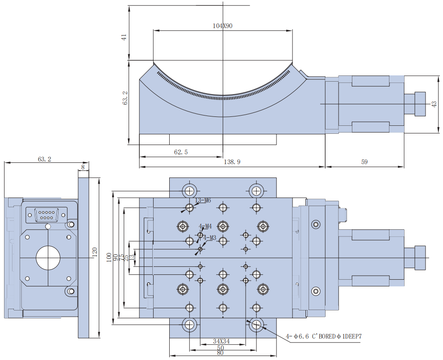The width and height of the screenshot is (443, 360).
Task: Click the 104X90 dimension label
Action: point(222,26)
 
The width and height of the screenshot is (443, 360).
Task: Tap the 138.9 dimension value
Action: point(232,162)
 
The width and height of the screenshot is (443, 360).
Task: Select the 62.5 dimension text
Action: point(180,152)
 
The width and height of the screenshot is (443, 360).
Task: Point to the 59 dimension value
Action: point(364,162)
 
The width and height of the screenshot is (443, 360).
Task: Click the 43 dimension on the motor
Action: point(434,104)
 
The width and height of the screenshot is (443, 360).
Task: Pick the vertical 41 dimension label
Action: point(124,37)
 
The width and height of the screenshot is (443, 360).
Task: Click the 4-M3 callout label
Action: point(209,238)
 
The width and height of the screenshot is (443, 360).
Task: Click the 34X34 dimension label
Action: point(221,341)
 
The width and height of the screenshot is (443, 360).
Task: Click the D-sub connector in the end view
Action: point(47,215)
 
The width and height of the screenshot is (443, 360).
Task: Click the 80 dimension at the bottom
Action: point(221,353)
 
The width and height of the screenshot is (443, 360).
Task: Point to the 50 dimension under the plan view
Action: point(221,347)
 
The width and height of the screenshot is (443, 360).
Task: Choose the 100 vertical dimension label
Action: point(109,258)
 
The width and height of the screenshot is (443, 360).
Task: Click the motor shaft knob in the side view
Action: point(420,104)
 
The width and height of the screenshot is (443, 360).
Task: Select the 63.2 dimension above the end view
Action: point(44,159)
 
